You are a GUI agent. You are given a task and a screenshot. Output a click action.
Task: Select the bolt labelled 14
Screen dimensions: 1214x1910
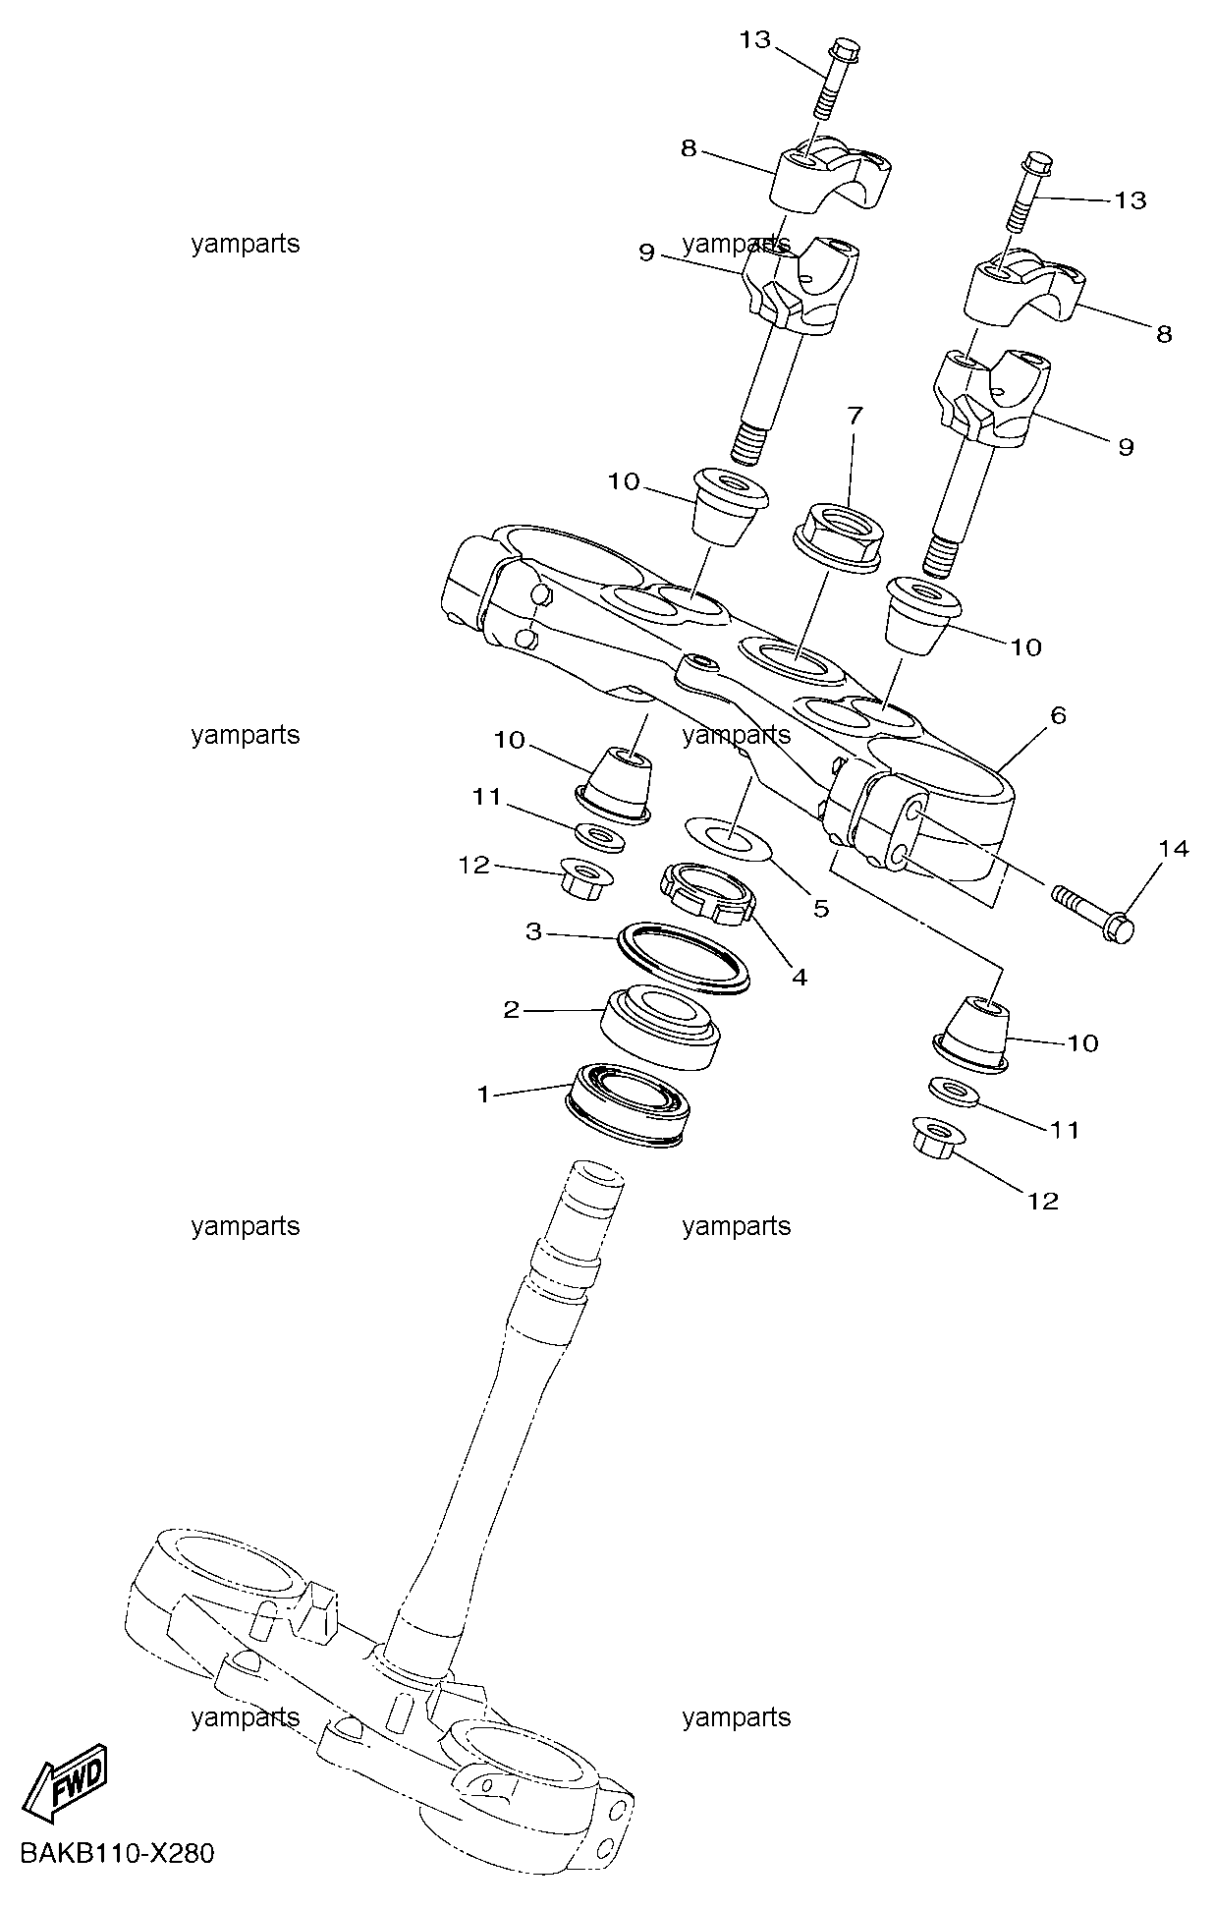point(1093,910)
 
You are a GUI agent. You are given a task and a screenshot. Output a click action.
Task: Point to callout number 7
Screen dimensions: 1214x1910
point(854,417)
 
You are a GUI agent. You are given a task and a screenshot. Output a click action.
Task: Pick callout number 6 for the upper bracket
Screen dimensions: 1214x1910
point(1058,716)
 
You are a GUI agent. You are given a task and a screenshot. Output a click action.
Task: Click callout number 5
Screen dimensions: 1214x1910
point(820,909)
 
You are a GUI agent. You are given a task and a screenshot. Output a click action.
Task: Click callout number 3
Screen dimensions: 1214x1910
point(533,931)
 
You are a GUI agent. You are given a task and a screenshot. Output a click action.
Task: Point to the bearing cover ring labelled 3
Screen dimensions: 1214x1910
point(684,957)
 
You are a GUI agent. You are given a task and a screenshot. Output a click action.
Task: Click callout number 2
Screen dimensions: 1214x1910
point(511,1010)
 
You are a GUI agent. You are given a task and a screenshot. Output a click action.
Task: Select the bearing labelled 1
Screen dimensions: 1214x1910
point(630,1104)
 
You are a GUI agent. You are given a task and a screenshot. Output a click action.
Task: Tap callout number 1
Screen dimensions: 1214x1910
point(482,1094)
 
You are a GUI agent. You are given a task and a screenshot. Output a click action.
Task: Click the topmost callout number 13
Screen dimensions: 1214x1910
point(756,40)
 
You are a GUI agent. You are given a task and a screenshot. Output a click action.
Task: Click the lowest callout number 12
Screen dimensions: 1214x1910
point(1043,1201)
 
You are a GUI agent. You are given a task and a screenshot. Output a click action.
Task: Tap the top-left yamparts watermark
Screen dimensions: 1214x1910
point(246,245)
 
